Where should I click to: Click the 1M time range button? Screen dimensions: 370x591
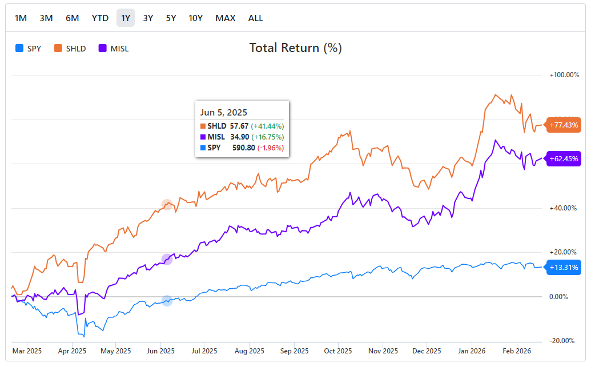pyautogui.click(x=21, y=18)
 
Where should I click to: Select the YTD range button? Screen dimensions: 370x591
pyautogui.click(x=100, y=18)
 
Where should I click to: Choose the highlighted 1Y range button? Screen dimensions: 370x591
pyautogui.click(x=126, y=18)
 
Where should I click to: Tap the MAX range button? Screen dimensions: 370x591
pyautogui.click(x=225, y=18)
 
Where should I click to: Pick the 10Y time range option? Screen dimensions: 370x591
pyautogui.click(x=196, y=18)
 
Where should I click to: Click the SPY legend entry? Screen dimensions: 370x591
pyautogui.click(x=29, y=49)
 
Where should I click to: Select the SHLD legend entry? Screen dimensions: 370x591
pyautogui.click(x=70, y=49)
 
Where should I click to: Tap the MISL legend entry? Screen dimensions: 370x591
pyautogui.click(x=114, y=49)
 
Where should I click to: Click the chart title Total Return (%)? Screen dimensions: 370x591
pyautogui.click(x=295, y=48)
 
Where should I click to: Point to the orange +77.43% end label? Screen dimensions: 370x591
pyautogui.click(x=564, y=125)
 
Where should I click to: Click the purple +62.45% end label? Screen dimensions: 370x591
pyautogui.click(x=564, y=159)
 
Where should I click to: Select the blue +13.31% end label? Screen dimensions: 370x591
pyautogui.click(x=564, y=267)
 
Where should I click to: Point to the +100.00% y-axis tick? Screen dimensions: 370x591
pyautogui.click(x=564, y=75)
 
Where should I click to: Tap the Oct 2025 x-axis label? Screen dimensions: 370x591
pyautogui.click(x=337, y=351)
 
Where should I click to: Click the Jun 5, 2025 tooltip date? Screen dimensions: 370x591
pyautogui.click(x=224, y=113)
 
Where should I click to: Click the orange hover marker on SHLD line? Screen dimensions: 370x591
pyautogui.click(x=167, y=204)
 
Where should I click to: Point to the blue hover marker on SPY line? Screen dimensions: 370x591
pyautogui.click(x=167, y=301)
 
